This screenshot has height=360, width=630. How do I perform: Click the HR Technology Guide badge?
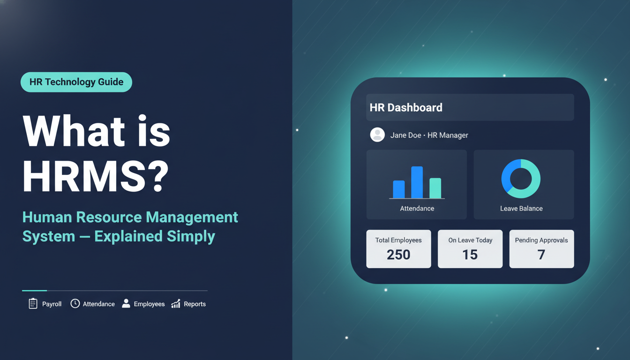[76, 82]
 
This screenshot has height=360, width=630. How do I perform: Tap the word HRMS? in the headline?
[95, 177]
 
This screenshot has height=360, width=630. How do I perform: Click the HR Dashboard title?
[406, 107]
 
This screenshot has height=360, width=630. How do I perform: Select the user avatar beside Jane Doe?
[377, 135]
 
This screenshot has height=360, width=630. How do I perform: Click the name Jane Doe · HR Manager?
[429, 135]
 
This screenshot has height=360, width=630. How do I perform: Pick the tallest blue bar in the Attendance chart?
[417, 182]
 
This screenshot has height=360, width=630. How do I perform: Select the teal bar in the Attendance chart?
[435, 188]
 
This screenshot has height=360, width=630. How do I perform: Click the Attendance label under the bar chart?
[417, 209]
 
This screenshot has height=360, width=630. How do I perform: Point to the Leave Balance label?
[521, 209]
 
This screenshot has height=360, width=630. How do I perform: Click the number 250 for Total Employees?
[398, 255]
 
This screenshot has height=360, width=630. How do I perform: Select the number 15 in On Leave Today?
[470, 255]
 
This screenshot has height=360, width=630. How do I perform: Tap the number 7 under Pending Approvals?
[541, 255]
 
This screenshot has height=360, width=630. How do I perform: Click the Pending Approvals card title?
[541, 240]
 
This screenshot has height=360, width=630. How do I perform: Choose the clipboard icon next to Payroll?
[33, 304]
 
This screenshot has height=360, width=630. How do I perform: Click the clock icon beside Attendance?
[75, 304]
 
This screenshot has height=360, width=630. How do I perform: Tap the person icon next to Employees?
[126, 304]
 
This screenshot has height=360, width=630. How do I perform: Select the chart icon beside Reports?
[176, 304]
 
